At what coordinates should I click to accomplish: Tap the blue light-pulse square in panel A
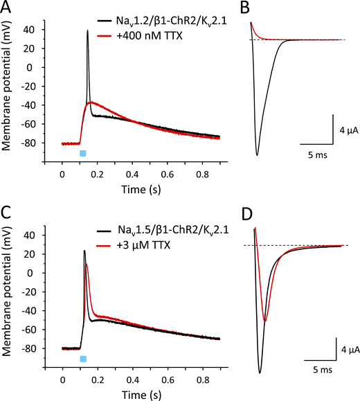[x=83, y=153]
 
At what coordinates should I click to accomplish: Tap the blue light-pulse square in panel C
[x=83, y=359]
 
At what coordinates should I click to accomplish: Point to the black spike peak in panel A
[x=88, y=30]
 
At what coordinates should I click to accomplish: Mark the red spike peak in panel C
[x=87, y=264]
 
